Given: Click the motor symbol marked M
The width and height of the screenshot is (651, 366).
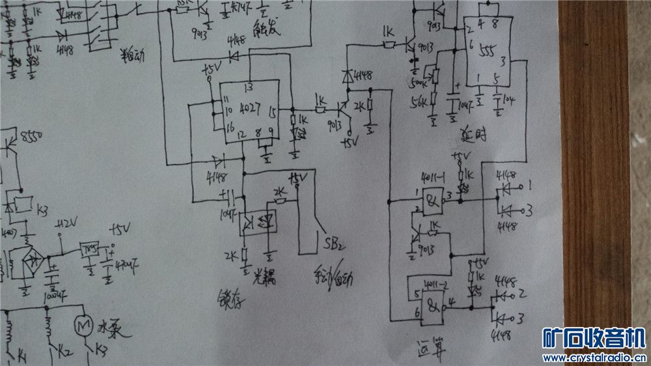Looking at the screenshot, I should coord(83,323).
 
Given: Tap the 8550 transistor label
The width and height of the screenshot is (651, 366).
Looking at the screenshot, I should coord(32,136).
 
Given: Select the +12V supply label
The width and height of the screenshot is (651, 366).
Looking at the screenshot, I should coord(67,224).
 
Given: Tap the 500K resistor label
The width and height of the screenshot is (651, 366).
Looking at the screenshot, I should coord(415,84).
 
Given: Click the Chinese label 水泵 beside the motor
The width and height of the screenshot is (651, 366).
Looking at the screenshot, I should coord(111,322).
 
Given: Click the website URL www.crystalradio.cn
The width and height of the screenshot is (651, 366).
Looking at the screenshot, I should coord(594,358).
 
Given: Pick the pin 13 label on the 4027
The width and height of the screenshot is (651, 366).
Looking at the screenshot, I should coord(248,87).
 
